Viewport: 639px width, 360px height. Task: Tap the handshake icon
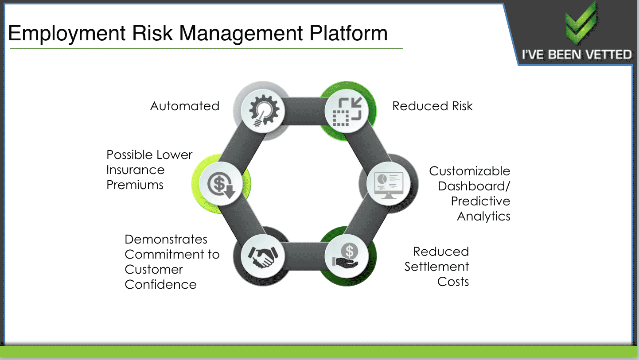pyautogui.click(x=263, y=257)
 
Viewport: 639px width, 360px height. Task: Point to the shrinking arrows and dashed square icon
pyautogui.click(x=347, y=112)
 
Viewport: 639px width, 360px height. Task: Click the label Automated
pyautogui.click(x=185, y=106)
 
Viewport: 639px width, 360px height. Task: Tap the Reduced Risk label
pyautogui.click(x=432, y=106)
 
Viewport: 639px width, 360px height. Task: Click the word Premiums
pyautogui.click(x=135, y=185)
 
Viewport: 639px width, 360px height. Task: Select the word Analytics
pyautogui.click(x=483, y=217)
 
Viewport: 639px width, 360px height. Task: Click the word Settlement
pyautogui.click(x=437, y=267)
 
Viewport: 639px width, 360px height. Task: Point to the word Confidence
pyautogui.click(x=160, y=284)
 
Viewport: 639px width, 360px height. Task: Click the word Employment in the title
pyautogui.click(x=67, y=34)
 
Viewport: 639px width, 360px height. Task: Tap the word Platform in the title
pyautogui.click(x=349, y=33)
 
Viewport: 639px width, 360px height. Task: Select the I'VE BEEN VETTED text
pyautogui.click(x=577, y=54)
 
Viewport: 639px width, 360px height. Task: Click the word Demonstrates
pyautogui.click(x=166, y=240)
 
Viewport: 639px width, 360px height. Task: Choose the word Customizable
pyautogui.click(x=470, y=171)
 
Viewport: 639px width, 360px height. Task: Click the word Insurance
pyautogui.click(x=136, y=170)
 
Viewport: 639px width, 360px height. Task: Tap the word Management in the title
pyautogui.click(x=241, y=34)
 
